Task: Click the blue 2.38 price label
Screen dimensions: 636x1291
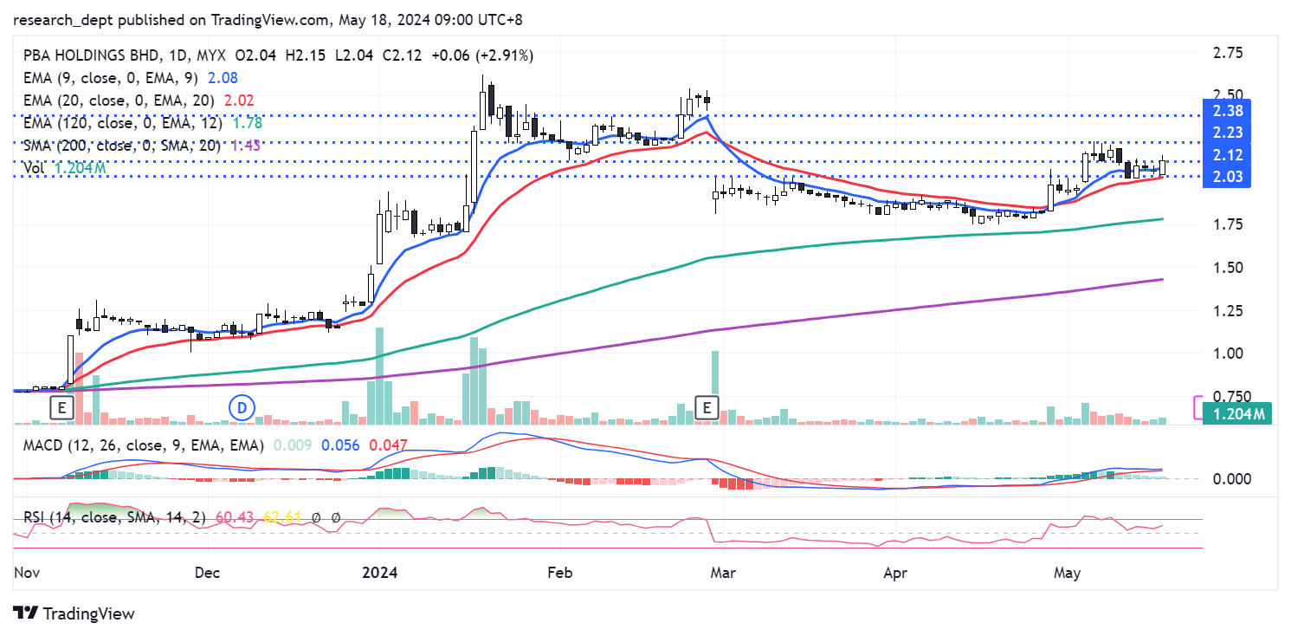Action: pyautogui.click(x=1228, y=110)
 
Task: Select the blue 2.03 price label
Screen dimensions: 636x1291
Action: pyautogui.click(x=1228, y=177)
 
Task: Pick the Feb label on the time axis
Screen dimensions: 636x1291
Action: pyautogui.click(x=560, y=573)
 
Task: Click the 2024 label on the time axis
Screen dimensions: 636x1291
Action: pyautogui.click(x=379, y=573)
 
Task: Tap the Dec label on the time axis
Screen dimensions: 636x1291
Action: pyautogui.click(x=208, y=573)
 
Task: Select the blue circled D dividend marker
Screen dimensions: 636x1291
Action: pyautogui.click(x=243, y=406)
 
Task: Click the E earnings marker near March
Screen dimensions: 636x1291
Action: pyautogui.click(x=708, y=406)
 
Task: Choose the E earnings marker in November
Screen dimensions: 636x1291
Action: pyautogui.click(x=61, y=406)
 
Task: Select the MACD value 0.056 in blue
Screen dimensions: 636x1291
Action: pyautogui.click(x=342, y=445)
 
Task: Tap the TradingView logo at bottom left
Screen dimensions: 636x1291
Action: pyautogui.click(x=75, y=613)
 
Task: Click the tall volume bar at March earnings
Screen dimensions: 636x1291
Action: pyautogui.click(x=715, y=386)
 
